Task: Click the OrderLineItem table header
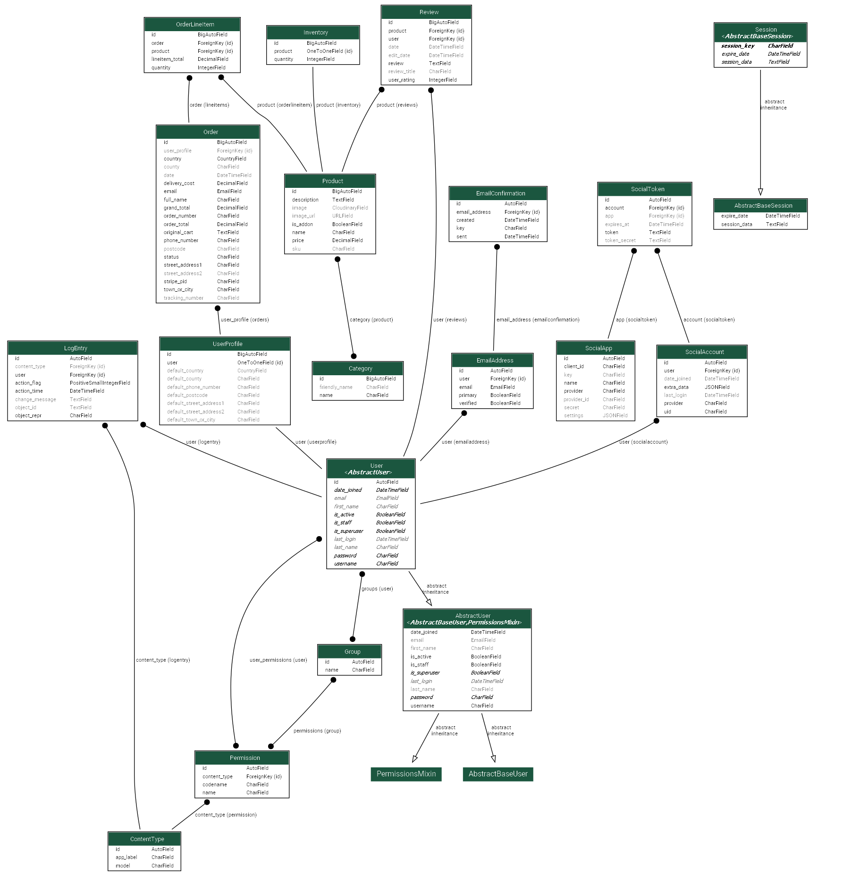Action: tap(195, 25)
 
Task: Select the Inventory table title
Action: tap(315, 33)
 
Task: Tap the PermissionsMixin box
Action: tap(406, 774)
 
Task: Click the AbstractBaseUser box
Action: tap(498, 774)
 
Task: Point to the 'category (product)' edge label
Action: tap(371, 320)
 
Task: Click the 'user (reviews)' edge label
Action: tap(450, 320)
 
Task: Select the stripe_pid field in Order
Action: tap(175, 281)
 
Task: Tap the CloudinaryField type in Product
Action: tap(350, 208)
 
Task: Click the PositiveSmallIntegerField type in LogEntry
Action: tap(100, 383)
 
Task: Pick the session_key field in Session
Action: tap(738, 46)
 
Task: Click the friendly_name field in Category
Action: tap(336, 387)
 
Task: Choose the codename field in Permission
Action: tap(215, 784)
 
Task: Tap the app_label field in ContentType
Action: tap(126, 857)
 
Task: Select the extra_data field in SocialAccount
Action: tap(676, 387)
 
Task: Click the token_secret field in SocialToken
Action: tap(620, 240)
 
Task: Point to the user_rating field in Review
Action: tap(401, 80)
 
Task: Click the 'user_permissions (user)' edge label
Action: tap(278, 660)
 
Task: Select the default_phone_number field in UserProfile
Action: tap(194, 387)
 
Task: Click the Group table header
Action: tap(352, 652)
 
